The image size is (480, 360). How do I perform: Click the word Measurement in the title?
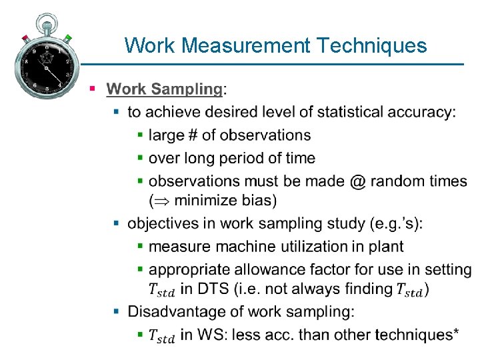[245, 45]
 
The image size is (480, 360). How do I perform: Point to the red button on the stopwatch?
[25, 37]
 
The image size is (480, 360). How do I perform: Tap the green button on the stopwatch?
[68, 37]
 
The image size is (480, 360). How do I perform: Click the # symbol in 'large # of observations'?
[192, 135]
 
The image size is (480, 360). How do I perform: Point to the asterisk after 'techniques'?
[455, 332]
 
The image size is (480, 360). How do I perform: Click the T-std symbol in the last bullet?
[161, 336]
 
